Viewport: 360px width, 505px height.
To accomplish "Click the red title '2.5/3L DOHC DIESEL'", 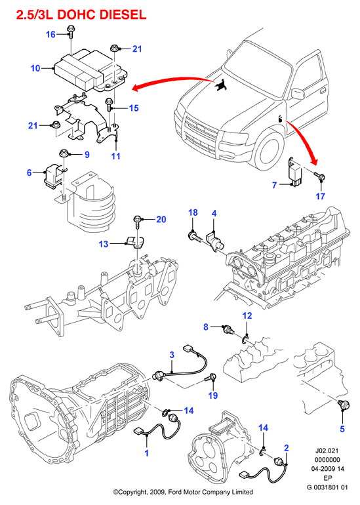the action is pos(81,15).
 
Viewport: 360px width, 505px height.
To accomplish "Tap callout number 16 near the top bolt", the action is pos(51,34).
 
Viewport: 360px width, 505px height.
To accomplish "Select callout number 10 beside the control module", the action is pos(35,68).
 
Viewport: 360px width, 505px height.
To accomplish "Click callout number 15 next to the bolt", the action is pos(134,108).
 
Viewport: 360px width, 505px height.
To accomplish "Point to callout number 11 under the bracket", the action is pos(115,156).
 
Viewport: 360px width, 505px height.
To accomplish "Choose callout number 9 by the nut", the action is pos(87,155).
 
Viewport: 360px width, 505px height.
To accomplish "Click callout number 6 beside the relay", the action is pos(30,172).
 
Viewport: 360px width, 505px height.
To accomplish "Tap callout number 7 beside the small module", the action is pos(274,185).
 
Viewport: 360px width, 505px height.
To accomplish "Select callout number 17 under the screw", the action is pos(320,196).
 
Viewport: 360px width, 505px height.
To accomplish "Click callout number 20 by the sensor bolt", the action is pos(161,219).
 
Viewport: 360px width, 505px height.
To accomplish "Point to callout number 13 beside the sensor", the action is pos(104,244).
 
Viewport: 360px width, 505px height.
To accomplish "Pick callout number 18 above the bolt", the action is pos(193,212).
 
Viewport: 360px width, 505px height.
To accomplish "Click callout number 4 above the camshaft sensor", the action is pos(214,213).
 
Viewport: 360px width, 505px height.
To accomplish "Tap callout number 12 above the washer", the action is pos(247,315).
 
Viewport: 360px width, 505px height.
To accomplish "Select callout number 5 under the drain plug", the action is pos(342,429).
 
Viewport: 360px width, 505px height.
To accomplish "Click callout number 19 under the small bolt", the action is pos(213,395).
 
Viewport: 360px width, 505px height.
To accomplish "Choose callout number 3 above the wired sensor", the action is pos(172,355).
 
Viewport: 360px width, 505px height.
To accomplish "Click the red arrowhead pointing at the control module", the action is pos(136,89).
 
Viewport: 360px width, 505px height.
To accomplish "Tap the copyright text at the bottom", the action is pos(183,492).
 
